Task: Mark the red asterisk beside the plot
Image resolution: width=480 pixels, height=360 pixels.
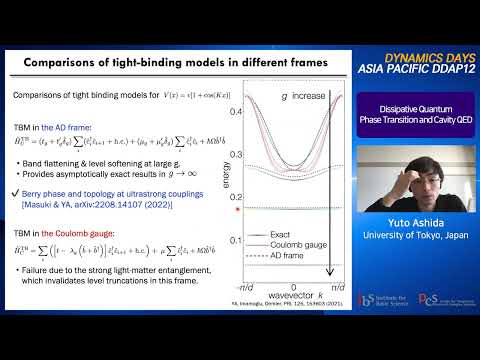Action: [x=236, y=208]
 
